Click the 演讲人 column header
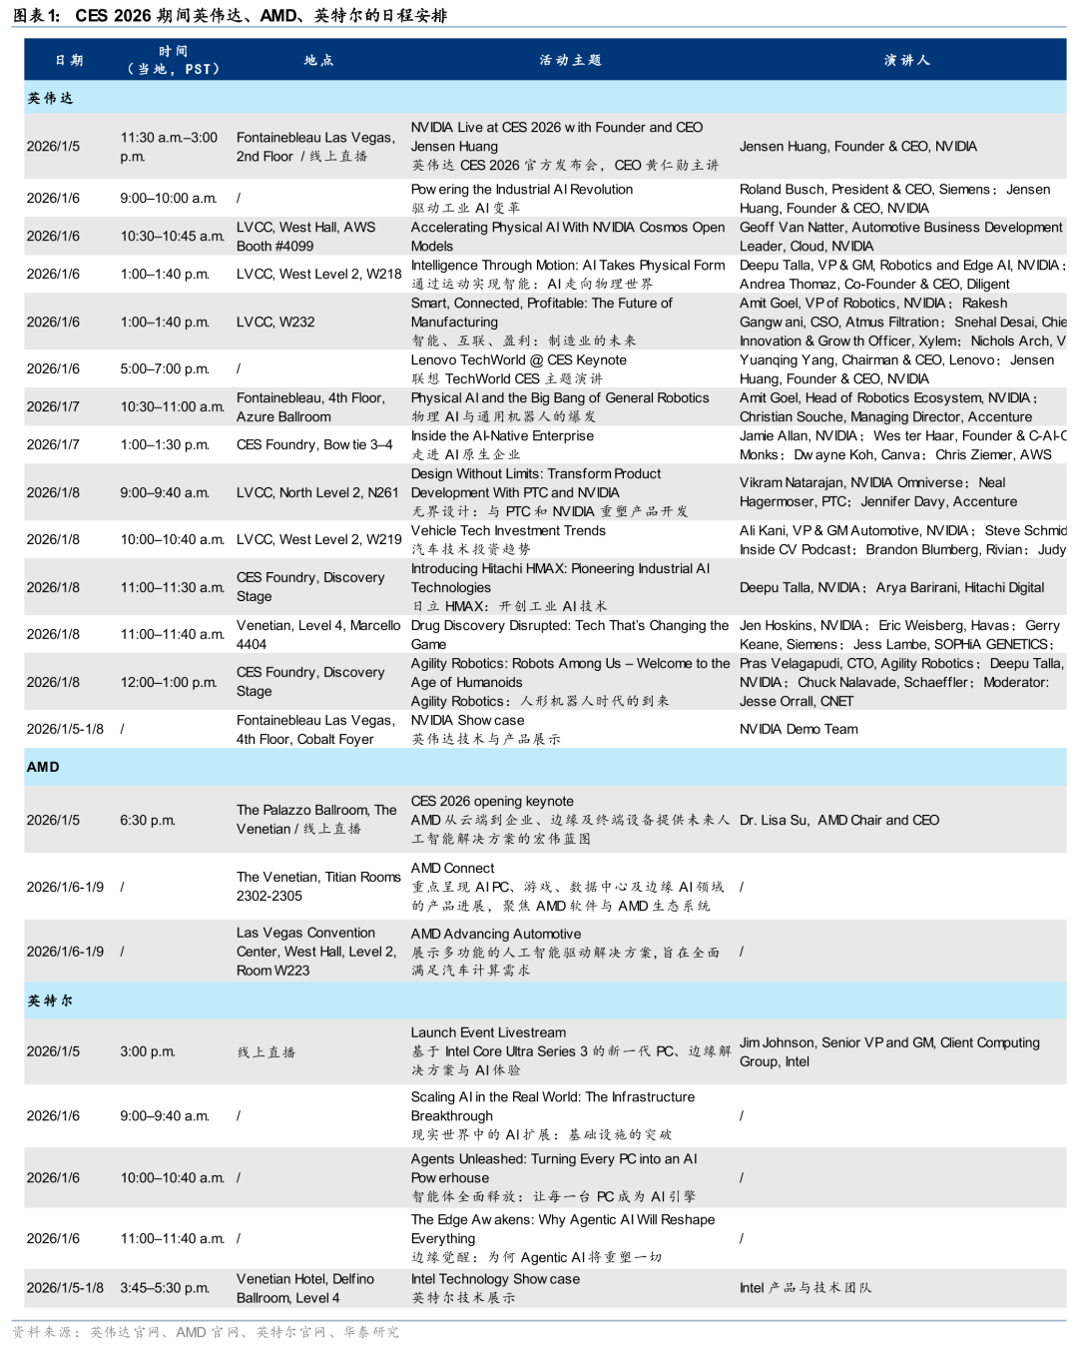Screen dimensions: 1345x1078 click(x=906, y=60)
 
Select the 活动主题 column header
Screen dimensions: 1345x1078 click(x=570, y=60)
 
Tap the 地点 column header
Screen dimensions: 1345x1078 click(x=318, y=60)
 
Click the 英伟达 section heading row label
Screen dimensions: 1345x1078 click(x=50, y=98)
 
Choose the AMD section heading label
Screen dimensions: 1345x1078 click(x=43, y=767)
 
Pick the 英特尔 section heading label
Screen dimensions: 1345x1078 click(x=50, y=1001)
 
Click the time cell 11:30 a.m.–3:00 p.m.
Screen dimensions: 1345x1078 click(x=169, y=147)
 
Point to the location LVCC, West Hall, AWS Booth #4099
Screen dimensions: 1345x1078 click(x=305, y=237)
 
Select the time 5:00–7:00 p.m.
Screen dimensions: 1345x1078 click(x=165, y=369)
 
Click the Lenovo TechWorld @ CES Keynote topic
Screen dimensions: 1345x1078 click(x=518, y=360)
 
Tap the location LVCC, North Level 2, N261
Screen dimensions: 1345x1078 click(x=317, y=493)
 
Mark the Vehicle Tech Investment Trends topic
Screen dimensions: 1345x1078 click(x=508, y=531)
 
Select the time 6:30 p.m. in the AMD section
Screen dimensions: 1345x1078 click(x=148, y=821)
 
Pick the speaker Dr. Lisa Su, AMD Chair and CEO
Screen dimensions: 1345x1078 click(x=838, y=821)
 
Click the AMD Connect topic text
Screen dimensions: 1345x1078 click(x=452, y=869)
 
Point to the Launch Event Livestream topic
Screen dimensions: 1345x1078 click(x=488, y=1033)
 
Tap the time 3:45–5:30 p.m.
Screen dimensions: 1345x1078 click(x=165, y=1288)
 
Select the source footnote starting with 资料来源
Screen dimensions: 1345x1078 click(x=206, y=1332)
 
